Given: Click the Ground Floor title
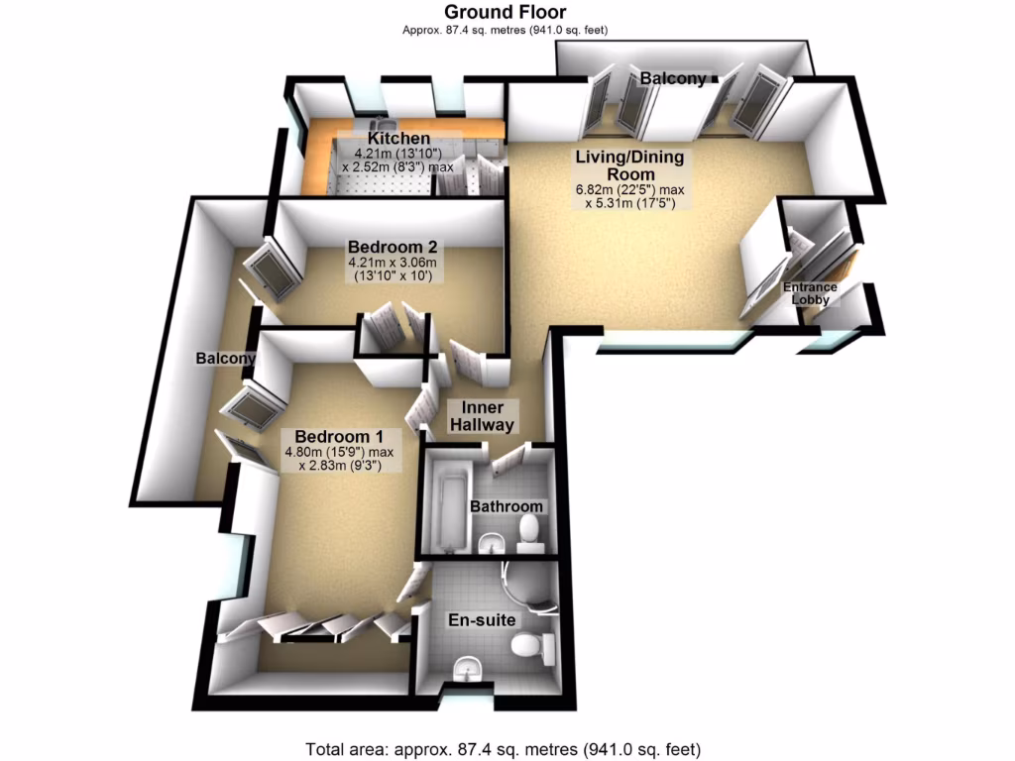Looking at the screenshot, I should [x=505, y=12].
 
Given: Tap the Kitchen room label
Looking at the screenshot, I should [x=398, y=139].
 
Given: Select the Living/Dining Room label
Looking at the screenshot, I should [x=629, y=165].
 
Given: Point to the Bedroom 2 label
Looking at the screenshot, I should [x=393, y=246].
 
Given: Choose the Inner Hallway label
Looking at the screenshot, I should [x=483, y=416].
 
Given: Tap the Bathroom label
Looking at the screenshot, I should [x=507, y=506].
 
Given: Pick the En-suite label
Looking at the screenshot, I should [x=482, y=620].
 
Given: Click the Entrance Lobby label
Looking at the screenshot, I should [x=811, y=293].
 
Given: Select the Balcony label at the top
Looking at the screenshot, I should [x=673, y=78].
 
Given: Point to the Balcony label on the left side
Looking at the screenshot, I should [x=225, y=359].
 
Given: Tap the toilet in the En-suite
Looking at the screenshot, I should [x=530, y=650].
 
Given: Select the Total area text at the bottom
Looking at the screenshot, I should [x=507, y=749].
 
